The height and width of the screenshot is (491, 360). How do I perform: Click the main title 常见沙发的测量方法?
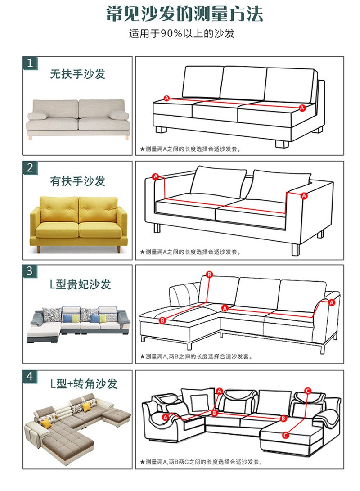tap(184, 14)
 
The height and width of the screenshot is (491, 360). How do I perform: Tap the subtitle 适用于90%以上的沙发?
tap(181, 33)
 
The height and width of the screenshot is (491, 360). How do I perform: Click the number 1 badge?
tap(30, 63)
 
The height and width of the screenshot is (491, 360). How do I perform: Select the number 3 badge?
tap(30, 271)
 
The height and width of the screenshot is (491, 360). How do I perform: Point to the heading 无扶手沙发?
tap(78, 74)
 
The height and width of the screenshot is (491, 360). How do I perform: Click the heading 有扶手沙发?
tap(78, 181)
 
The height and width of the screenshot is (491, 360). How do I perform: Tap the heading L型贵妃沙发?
tap(81, 284)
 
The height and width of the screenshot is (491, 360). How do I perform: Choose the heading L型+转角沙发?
tap(84, 384)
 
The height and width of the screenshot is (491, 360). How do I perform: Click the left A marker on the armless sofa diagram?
tap(166, 98)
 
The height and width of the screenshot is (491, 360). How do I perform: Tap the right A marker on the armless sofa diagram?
tap(302, 108)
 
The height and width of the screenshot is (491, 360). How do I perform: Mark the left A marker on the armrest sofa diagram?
tap(156, 176)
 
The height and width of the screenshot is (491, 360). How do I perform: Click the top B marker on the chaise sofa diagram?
tap(209, 275)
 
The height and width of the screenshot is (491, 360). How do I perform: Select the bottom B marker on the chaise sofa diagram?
tap(162, 320)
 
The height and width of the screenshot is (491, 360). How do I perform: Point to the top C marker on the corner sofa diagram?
tap(308, 391)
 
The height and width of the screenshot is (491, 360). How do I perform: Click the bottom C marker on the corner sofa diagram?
tap(285, 435)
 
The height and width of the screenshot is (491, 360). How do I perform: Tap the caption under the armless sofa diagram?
tap(191, 149)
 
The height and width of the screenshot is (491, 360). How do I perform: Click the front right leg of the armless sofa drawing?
tap(282, 144)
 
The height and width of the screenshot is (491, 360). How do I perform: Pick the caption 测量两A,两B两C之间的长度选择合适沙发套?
tap(201, 462)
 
